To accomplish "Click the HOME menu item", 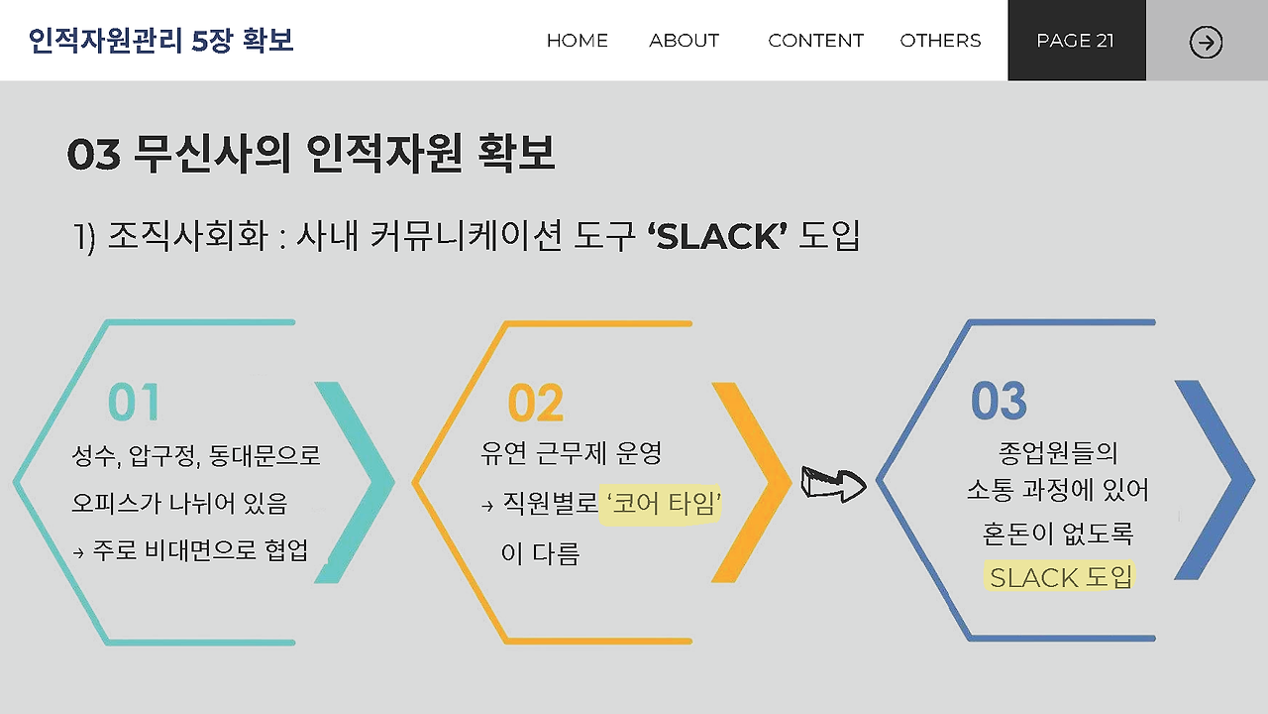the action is tap(578, 41).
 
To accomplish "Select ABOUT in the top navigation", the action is tap(684, 41).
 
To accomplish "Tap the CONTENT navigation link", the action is tap(815, 41).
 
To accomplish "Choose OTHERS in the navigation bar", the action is tap(940, 41).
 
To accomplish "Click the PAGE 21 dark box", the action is tap(1076, 41).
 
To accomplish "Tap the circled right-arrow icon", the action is tap(1206, 42).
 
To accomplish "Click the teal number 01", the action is tap(134, 403).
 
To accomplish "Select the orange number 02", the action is tap(535, 404).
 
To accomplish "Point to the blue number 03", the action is tap(999, 401).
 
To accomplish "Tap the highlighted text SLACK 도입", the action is tap(1060, 576).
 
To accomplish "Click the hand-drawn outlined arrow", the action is tap(833, 483).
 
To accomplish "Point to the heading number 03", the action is tap(93, 155).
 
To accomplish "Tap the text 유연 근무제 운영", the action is tap(571, 454).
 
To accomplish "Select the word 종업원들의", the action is tap(1059, 453).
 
